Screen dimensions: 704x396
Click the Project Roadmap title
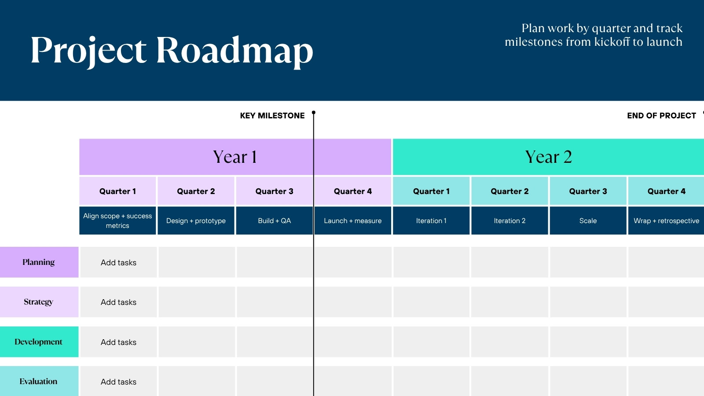[172, 51]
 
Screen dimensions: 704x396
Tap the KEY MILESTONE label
[272, 116]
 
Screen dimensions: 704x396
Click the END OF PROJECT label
[661, 116]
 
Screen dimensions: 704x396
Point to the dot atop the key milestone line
[313, 113]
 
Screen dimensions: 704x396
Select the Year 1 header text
[235, 157]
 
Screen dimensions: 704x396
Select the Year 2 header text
[548, 157]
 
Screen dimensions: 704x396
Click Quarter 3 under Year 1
[274, 191]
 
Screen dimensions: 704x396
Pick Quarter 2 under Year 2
[510, 191]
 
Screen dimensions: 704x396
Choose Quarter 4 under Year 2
[666, 191]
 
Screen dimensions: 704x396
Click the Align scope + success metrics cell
[117, 220]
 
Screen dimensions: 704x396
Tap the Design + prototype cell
[196, 220]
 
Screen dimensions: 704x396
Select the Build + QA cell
[275, 220]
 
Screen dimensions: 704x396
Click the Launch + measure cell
[352, 220]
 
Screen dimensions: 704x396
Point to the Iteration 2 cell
[510, 220]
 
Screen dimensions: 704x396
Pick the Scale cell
[588, 220]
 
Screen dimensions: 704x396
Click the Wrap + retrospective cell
[666, 220]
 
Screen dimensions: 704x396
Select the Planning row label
[38, 262]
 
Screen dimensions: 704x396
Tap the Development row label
[38, 341]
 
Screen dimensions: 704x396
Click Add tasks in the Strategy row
[118, 302]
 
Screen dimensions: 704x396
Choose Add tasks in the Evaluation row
[118, 381]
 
